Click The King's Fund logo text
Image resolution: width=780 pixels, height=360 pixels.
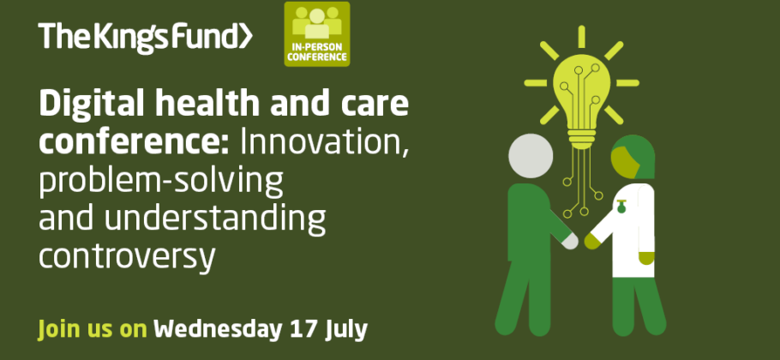145,37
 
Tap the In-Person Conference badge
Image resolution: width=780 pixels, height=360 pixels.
317,33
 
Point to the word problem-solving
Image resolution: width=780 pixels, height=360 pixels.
160,181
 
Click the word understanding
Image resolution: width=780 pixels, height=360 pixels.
215,218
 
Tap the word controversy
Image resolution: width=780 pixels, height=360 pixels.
127,256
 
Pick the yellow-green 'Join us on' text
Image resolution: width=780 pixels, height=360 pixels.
93,330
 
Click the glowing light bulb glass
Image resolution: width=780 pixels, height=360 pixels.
581,92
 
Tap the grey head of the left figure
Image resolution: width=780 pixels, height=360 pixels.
531,156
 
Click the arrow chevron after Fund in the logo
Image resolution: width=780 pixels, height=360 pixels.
246,37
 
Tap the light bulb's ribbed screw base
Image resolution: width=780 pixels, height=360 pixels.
581,139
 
